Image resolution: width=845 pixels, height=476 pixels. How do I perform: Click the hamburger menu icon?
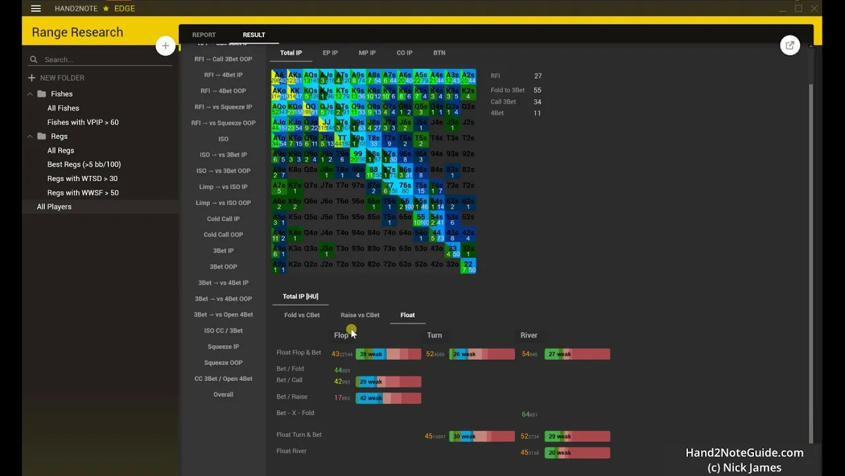tap(36, 9)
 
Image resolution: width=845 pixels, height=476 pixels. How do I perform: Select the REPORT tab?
tap(203, 35)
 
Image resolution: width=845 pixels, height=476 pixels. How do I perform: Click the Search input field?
tap(99, 59)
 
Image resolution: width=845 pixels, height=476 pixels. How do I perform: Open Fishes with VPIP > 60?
tap(83, 122)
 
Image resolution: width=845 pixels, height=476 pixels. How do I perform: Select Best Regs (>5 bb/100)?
tap(84, 165)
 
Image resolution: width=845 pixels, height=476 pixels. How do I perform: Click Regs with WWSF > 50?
tap(83, 193)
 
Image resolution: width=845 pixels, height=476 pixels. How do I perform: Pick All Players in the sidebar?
tap(54, 207)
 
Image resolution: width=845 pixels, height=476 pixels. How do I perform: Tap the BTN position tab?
tap(439, 53)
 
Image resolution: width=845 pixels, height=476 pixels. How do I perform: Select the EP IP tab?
tap(330, 53)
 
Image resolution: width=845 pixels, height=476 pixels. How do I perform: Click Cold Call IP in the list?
tap(223, 219)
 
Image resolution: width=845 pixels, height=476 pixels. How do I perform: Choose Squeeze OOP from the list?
tap(223, 363)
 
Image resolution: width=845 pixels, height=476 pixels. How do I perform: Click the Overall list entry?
tap(223, 395)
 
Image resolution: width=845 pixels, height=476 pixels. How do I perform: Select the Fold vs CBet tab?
tap(302, 315)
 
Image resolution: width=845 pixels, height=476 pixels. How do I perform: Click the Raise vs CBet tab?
tap(360, 315)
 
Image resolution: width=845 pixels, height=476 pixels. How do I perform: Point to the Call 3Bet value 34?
tap(537, 102)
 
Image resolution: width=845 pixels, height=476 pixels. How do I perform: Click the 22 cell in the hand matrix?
tap(468, 266)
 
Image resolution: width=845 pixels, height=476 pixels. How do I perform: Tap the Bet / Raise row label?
tap(292, 397)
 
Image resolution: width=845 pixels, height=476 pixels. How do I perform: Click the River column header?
tap(529, 335)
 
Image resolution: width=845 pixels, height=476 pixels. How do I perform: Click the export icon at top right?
tap(790, 46)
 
